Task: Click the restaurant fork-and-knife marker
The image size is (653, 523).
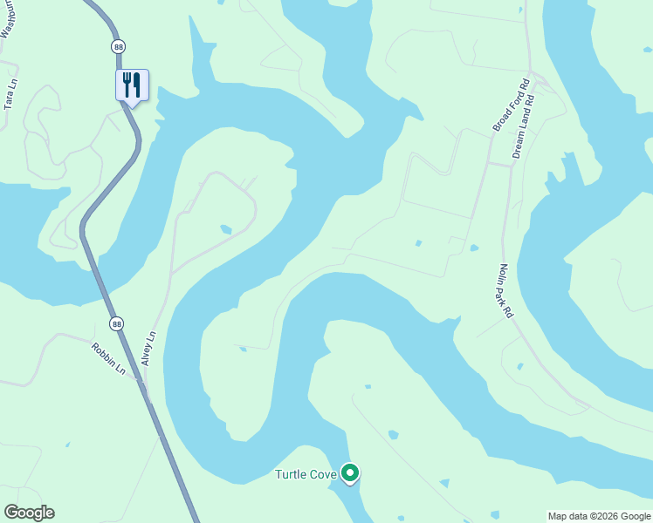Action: tap(132, 85)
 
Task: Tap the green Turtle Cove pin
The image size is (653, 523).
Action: tap(350, 473)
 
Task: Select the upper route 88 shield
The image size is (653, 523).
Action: tap(118, 45)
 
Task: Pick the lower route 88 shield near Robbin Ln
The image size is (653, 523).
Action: tap(117, 323)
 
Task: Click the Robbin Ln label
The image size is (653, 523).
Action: tap(109, 359)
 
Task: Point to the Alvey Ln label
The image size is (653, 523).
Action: tap(148, 347)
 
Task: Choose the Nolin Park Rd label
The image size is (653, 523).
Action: tap(505, 291)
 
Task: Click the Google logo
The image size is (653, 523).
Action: tap(29, 513)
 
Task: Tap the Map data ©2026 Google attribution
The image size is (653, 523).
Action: tap(599, 516)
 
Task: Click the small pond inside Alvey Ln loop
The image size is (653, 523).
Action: tap(226, 229)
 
